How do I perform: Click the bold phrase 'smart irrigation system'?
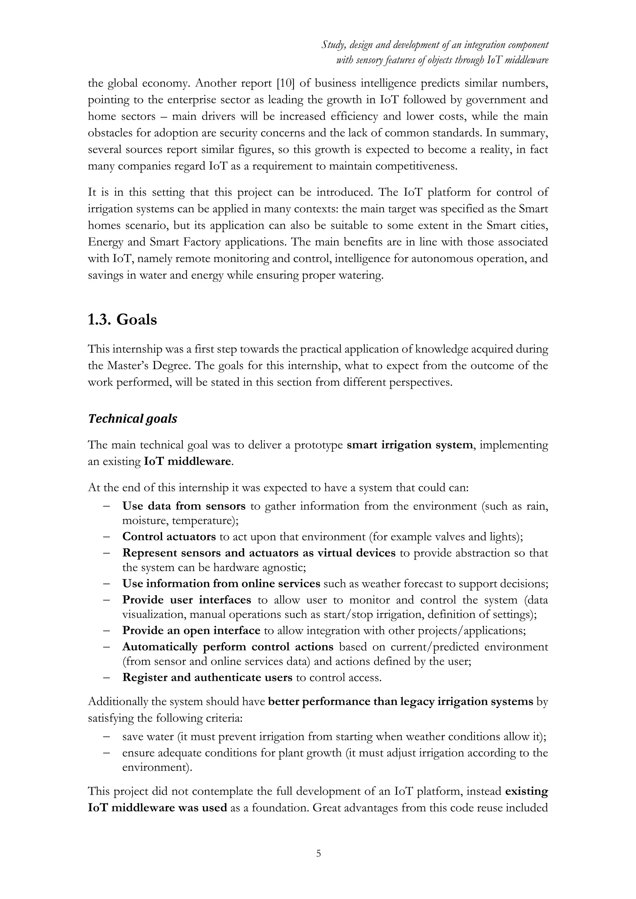(410, 445)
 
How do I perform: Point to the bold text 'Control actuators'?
(169, 537)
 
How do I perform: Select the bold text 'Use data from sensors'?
(184, 506)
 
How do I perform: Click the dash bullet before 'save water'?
(106, 737)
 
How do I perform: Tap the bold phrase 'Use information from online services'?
(221, 584)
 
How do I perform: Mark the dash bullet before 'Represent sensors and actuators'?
(106, 553)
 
